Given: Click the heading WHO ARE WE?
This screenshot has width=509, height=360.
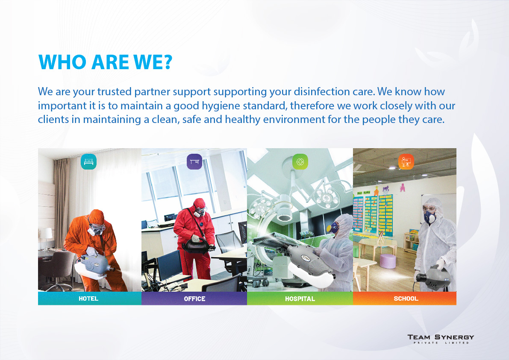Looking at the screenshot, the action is pyautogui.click(x=105, y=62).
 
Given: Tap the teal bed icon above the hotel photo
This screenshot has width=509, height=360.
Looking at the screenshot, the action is pyautogui.click(x=88, y=161).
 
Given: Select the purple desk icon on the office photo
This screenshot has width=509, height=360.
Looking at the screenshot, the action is pyautogui.click(x=194, y=161).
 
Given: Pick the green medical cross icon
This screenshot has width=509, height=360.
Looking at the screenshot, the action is pyautogui.click(x=300, y=161).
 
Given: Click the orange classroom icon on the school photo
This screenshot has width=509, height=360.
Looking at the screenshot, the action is pyautogui.click(x=406, y=161).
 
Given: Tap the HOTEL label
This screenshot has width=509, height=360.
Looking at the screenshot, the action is pyautogui.click(x=88, y=299).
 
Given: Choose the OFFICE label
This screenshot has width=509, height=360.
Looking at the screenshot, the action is pyautogui.click(x=194, y=299).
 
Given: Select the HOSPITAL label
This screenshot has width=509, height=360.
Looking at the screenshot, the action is pyautogui.click(x=300, y=299).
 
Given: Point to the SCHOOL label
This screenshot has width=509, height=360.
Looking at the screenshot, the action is pyautogui.click(x=406, y=299).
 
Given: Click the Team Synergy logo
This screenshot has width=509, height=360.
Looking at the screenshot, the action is pyautogui.click(x=441, y=339).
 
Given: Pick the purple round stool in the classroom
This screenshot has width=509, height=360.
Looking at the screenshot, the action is pyautogui.click(x=388, y=261).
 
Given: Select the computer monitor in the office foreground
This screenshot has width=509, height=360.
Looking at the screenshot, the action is pyautogui.click(x=169, y=265).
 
